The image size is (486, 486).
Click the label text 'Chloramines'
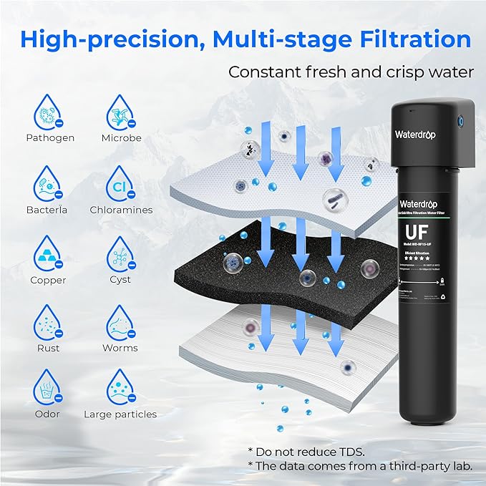(121, 210)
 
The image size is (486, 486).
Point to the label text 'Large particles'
(120, 414)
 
